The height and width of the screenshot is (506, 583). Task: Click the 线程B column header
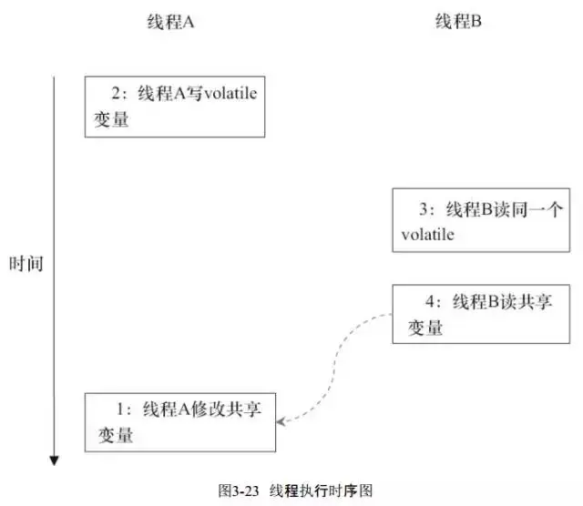(x=457, y=23)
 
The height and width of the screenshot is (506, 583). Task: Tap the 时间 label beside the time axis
(x=26, y=265)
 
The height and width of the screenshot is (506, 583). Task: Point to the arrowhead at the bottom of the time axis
(x=55, y=460)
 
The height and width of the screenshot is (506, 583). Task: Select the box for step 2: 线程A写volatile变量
(x=175, y=106)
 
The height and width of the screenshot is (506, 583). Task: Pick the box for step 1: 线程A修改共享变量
(x=180, y=421)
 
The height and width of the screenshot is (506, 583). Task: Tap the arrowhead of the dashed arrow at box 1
(x=281, y=420)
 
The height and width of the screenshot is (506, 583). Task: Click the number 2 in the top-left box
(x=116, y=93)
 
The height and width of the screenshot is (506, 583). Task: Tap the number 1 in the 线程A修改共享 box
(x=121, y=409)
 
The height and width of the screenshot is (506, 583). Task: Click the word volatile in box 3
(x=427, y=235)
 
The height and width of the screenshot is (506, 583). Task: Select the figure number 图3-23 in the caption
(x=239, y=490)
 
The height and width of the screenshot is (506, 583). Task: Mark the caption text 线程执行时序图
(x=321, y=490)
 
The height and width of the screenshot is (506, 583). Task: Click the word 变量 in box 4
(x=424, y=329)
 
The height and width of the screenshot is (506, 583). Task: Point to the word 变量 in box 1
(x=115, y=436)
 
